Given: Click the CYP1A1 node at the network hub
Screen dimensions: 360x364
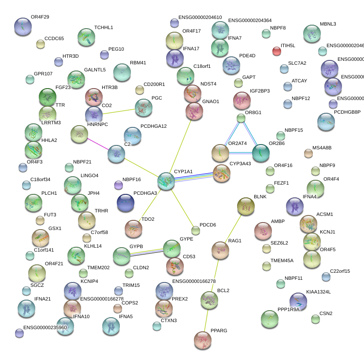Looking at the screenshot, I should pyautogui.click(x=166, y=181).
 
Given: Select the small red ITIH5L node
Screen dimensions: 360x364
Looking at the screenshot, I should pyautogui.click(x=276, y=51).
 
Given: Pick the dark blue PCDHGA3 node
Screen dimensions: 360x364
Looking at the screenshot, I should pyautogui.click(x=126, y=202).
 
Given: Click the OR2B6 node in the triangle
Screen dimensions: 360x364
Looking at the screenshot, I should pyautogui.click(x=260, y=153).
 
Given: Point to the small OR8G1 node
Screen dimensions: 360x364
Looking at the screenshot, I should pyautogui.click(x=241, y=118).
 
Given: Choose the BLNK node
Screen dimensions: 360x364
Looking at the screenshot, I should pyautogui.click(x=245, y=205).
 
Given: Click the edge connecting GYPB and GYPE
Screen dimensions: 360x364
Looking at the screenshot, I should pyautogui.click(x=146, y=252).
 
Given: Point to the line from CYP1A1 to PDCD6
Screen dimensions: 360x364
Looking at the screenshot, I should pyautogui.click(x=182, y=207).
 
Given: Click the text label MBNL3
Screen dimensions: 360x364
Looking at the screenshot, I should pyautogui.click(x=328, y=24).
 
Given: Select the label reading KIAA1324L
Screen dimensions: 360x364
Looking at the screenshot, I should pyautogui.click(x=318, y=292).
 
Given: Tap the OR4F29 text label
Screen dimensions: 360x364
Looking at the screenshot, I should pyautogui.click(x=40, y=17).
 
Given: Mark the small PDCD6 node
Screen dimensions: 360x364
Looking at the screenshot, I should pyautogui.click(x=196, y=230).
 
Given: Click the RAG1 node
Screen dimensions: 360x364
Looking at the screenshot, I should pyautogui.click(x=220, y=250).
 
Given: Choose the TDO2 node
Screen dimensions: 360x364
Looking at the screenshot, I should pyautogui.click(x=133, y=228).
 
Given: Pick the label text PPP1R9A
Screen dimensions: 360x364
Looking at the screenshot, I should pyautogui.click(x=288, y=309).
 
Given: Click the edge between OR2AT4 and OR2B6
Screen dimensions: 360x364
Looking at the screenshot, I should pyautogui.click(x=241, y=153).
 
